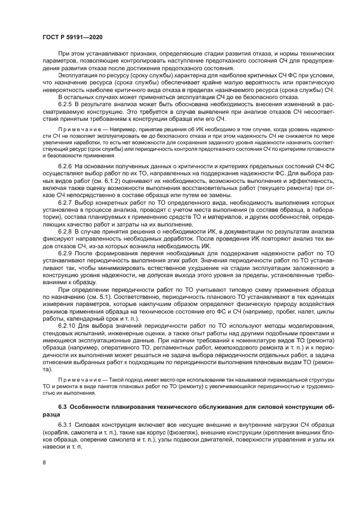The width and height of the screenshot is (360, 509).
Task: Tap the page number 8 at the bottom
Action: pyautogui.click(x=44, y=462)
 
